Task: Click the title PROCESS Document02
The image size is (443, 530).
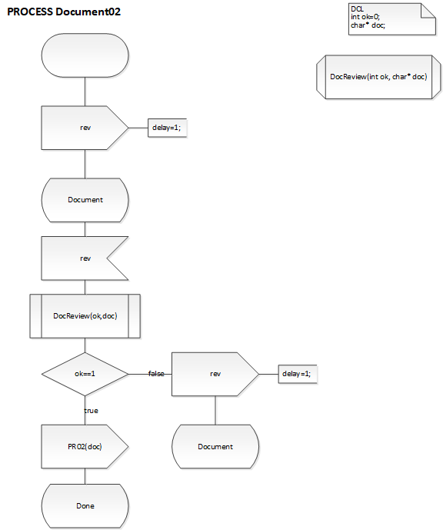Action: pyautogui.click(x=64, y=12)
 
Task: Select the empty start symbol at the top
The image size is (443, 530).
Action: pyautogui.click(x=85, y=55)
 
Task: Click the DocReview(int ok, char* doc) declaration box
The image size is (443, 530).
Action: pyautogui.click(x=378, y=77)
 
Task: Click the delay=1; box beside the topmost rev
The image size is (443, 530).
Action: pyautogui.click(x=168, y=128)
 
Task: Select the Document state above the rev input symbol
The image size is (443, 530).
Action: pyautogui.click(x=85, y=199)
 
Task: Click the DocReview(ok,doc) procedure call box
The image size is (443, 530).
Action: pyautogui.click(x=85, y=315)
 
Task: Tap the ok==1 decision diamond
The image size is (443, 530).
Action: pyautogui.click(x=85, y=374)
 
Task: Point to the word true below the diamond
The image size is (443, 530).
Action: pyautogui.click(x=91, y=411)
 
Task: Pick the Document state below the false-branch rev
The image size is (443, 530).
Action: pyautogui.click(x=215, y=446)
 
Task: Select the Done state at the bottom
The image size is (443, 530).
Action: pyautogui.click(x=85, y=505)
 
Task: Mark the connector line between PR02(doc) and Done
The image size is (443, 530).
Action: pyautogui.click(x=85, y=475)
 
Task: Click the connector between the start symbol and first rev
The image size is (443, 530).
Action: pyautogui.click(x=85, y=92)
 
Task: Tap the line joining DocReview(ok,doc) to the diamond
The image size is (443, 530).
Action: pyautogui.click(x=85, y=345)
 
